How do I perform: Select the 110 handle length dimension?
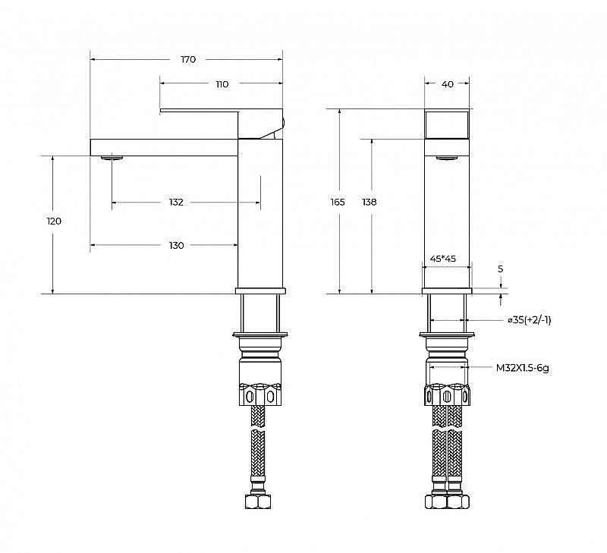tap(222, 84)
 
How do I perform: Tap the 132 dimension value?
tap(176, 203)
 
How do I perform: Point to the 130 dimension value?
tap(176, 245)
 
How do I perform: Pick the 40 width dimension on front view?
tap(447, 84)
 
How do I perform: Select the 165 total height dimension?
tap(338, 203)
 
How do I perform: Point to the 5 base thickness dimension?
tap(500, 269)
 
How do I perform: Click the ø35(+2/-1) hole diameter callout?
tap(529, 320)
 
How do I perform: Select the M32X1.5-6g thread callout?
tap(523, 367)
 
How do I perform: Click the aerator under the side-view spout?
tap(111, 158)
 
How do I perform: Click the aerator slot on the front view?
tap(447, 157)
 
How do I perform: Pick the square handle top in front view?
tap(447, 123)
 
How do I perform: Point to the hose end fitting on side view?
tap(258, 502)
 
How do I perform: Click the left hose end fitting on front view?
tap(437, 502)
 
